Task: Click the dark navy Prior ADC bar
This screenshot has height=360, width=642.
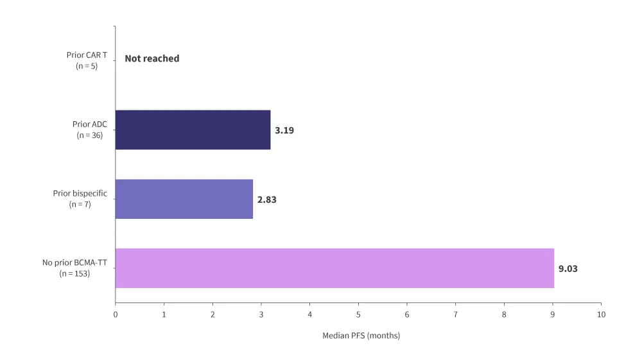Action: point(193,130)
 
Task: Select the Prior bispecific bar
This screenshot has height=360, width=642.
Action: point(184,199)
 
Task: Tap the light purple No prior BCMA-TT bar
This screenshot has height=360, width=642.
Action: point(334,268)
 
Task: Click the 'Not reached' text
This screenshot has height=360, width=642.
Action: point(152,58)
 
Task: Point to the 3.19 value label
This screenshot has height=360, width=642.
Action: point(284,130)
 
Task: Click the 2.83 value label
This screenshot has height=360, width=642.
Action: point(267,200)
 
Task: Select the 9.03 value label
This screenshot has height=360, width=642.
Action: point(568,269)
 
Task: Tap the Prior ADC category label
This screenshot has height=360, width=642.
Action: point(87,124)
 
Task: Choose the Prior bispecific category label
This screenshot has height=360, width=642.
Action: point(80,193)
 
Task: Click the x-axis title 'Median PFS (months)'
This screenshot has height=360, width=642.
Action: point(361,336)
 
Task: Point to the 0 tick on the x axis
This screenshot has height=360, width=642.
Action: point(116,314)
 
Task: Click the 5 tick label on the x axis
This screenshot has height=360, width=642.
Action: point(358,314)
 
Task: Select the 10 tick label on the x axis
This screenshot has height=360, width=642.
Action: point(601,314)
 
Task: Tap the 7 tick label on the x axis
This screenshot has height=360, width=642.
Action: point(455,314)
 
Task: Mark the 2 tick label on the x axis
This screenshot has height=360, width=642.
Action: point(213,314)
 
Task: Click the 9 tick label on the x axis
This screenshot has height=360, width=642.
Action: point(552,314)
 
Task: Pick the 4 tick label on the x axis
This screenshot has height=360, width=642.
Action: point(309,314)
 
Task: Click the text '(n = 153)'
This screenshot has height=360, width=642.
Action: point(74,274)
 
